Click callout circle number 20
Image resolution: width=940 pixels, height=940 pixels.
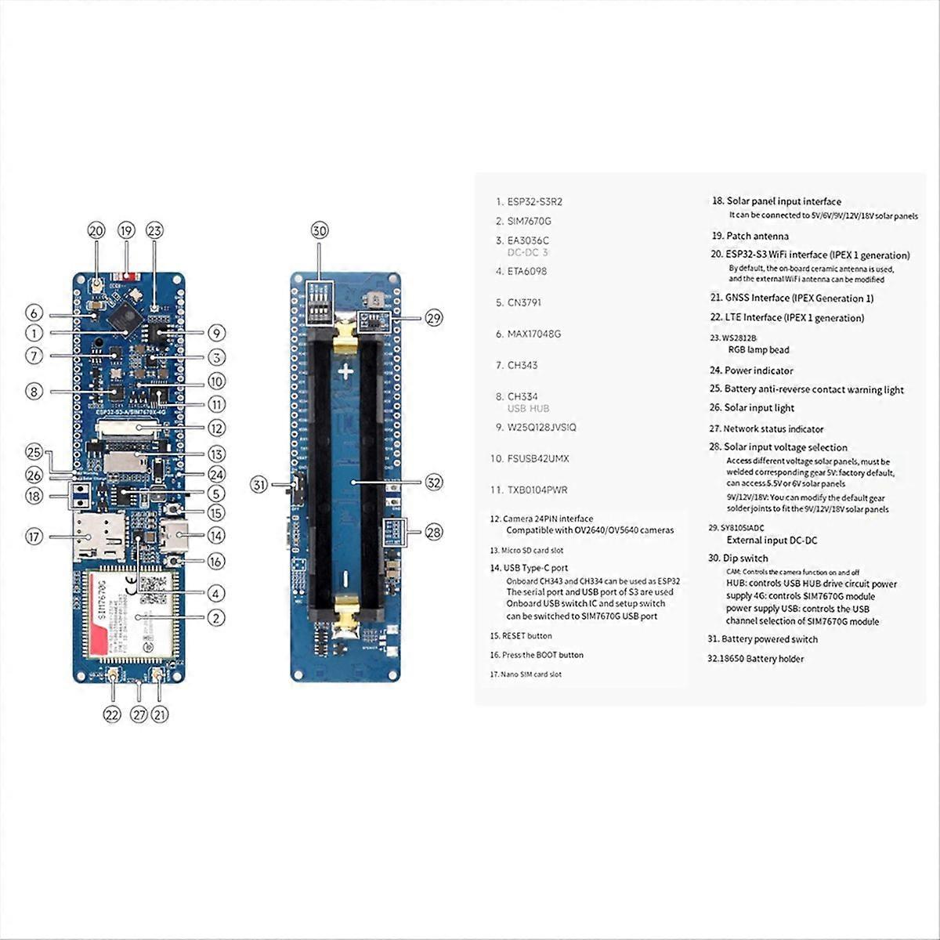click(96, 231)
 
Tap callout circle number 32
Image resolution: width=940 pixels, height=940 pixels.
click(433, 483)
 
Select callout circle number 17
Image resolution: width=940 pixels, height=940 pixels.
click(34, 537)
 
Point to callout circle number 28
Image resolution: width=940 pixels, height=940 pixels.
click(433, 533)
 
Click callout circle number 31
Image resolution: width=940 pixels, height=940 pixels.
click(259, 485)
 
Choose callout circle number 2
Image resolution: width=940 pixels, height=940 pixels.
click(216, 617)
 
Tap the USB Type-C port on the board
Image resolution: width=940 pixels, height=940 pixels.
click(172, 537)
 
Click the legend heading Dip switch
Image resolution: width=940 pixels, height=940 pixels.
click(738, 559)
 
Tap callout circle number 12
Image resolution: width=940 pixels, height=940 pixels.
click(216, 428)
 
